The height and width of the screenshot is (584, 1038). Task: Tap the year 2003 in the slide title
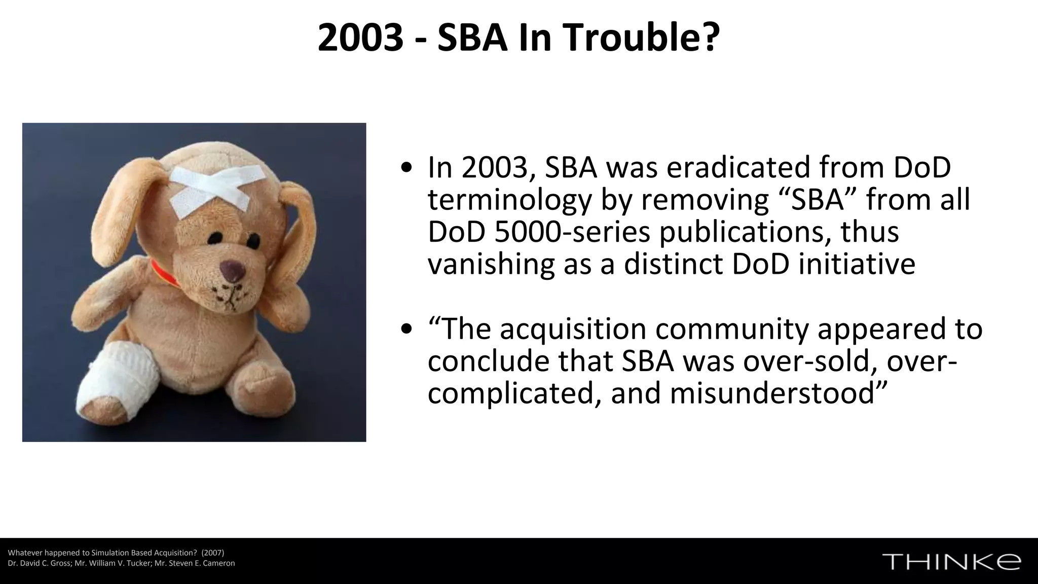tap(360, 38)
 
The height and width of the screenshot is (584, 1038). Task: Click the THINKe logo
tap(951, 562)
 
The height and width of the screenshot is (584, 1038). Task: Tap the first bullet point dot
tap(406, 169)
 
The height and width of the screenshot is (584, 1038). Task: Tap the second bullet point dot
tap(406, 330)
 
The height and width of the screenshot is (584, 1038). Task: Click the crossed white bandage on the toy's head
tap(210, 188)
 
